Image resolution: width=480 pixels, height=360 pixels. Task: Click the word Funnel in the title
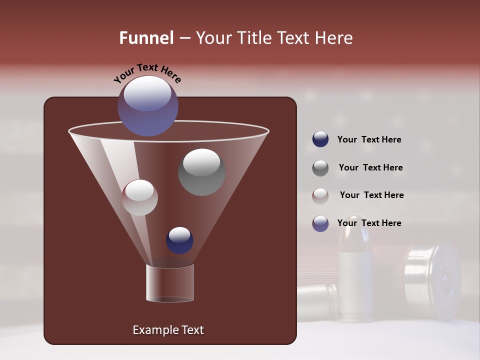[x=146, y=38]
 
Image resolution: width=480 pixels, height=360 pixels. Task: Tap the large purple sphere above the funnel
[x=147, y=106]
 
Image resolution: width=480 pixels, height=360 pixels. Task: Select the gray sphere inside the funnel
[x=201, y=172]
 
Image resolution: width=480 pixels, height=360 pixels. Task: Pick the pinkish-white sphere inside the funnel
[x=139, y=197]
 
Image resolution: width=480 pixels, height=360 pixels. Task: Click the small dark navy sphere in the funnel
[x=179, y=240]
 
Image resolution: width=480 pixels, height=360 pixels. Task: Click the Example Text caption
[x=168, y=330]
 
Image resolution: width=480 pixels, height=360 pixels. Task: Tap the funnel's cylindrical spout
[x=170, y=283]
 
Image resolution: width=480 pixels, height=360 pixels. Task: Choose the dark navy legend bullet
[x=320, y=139]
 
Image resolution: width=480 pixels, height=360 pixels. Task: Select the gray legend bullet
[x=320, y=168]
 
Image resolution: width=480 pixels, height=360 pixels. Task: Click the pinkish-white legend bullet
[x=320, y=195]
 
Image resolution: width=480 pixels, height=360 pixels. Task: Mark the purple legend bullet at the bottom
[x=320, y=223]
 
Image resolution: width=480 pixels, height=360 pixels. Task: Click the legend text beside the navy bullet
[x=369, y=140]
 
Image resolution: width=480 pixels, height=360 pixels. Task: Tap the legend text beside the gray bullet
[x=370, y=168]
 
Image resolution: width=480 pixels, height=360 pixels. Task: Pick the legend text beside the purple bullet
[x=369, y=223]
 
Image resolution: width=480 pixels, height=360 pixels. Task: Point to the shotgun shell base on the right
[x=433, y=280]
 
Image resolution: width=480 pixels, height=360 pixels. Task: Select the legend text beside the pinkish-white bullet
[x=371, y=195]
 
